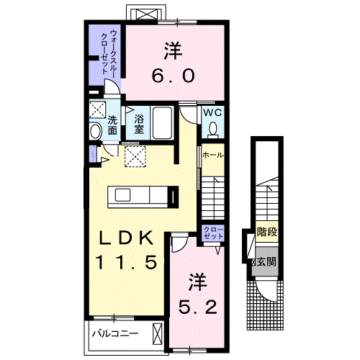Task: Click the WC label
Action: (212, 112)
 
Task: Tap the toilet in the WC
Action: (212, 130)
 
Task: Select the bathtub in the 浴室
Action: (163, 122)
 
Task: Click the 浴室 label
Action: (139, 124)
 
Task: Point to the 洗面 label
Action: (112, 125)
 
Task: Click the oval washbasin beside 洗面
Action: (96, 131)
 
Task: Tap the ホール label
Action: (212, 156)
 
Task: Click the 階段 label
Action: (267, 232)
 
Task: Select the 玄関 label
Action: (266, 262)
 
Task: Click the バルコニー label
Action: (116, 333)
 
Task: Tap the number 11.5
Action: (127, 262)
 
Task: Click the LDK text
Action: (126, 238)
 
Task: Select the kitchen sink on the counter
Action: (122, 195)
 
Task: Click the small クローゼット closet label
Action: (213, 233)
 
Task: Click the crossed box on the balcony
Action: (158, 334)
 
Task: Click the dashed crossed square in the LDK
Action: (135, 156)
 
